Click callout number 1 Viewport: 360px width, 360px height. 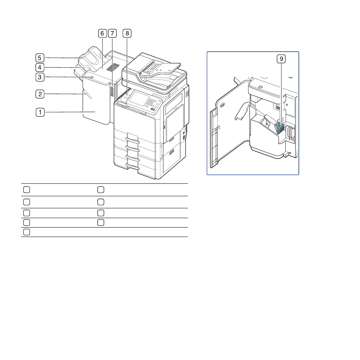40,112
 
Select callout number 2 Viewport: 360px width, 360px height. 40,94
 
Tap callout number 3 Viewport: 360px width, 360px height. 40,77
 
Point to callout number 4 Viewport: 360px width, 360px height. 40,68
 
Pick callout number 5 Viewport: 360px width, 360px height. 40,58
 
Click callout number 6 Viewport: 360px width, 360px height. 102,34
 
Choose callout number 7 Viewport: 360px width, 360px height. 112,34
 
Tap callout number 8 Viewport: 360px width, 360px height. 127,34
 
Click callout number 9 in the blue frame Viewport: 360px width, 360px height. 282,59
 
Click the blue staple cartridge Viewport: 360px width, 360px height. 279,128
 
